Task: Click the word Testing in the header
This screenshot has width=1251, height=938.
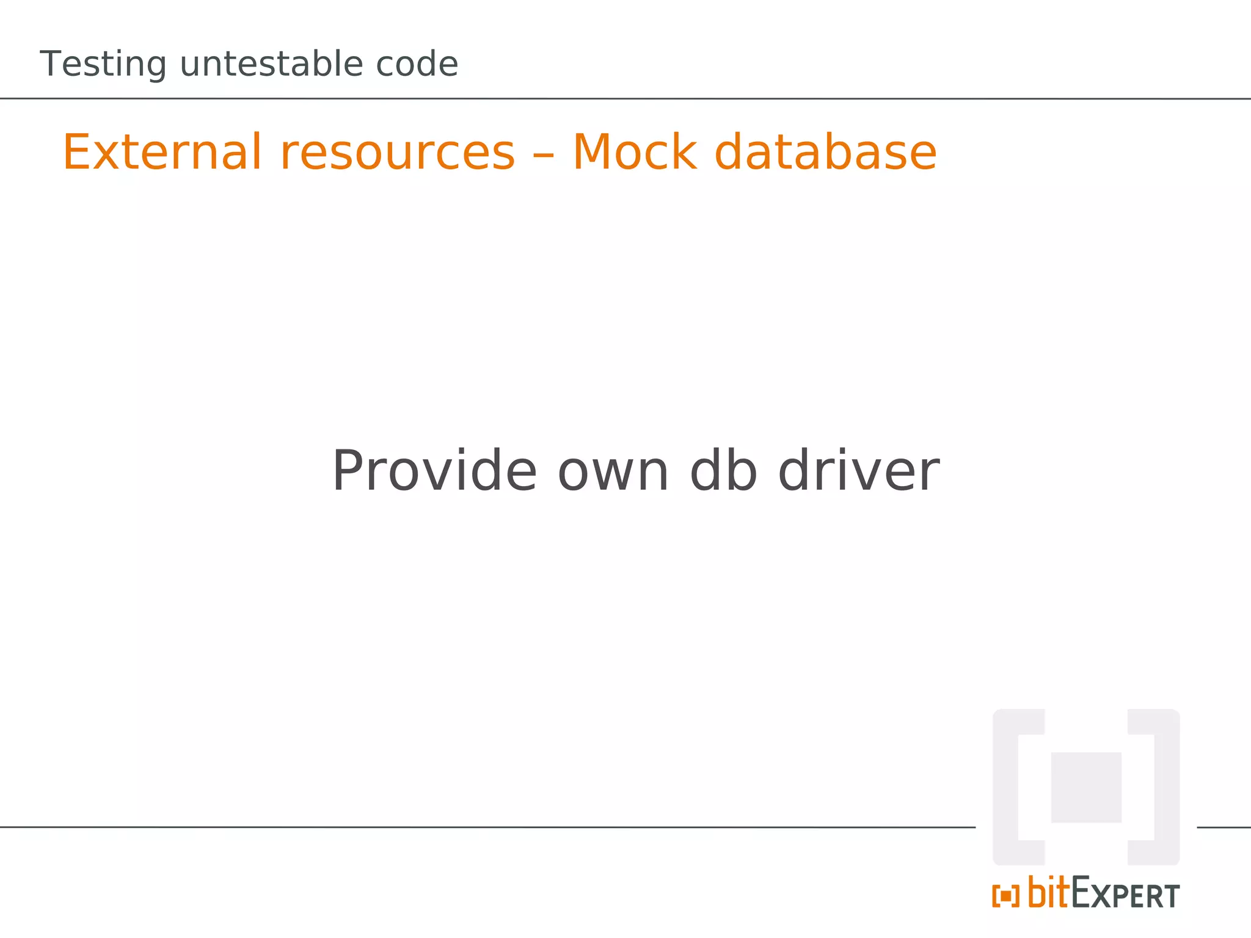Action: pos(103,65)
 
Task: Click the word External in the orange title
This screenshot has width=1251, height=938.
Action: pos(162,152)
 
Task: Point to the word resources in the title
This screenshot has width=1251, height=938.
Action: pos(398,152)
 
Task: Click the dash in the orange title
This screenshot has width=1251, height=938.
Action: pos(543,155)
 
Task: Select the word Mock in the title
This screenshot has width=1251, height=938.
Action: pos(634,152)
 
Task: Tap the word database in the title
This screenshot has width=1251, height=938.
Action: pos(825,152)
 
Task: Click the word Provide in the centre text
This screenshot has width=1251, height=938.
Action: pos(434,471)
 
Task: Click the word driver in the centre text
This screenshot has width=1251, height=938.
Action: pos(859,471)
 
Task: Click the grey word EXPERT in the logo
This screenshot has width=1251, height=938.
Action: pos(1126,894)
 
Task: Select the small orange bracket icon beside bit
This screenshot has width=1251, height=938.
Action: pos(1005,896)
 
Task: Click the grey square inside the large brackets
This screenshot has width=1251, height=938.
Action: pos(1085,787)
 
